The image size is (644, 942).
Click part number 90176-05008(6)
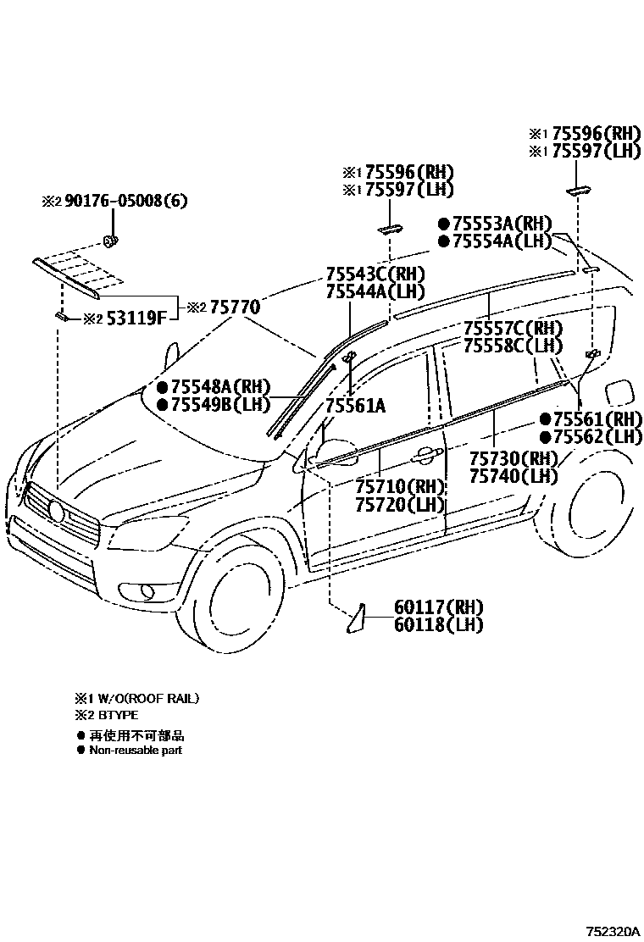tap(125, 201)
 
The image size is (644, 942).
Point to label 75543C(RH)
tap(375, 274)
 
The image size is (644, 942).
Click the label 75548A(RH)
tap(219, 386)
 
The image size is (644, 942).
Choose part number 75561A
tap(355, 406)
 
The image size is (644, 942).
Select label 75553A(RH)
tap(502, 224)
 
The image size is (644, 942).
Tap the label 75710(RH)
tap(400, 487)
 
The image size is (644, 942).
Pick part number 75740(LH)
tap(514, 476)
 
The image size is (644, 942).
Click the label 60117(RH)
tap(438, 607)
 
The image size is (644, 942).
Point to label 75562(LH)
tap(597, 437)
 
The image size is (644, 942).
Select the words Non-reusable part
tap(136, 750)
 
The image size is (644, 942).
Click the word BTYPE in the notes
tap(118, 716)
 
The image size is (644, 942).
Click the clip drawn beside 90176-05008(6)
tap(110, 241)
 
